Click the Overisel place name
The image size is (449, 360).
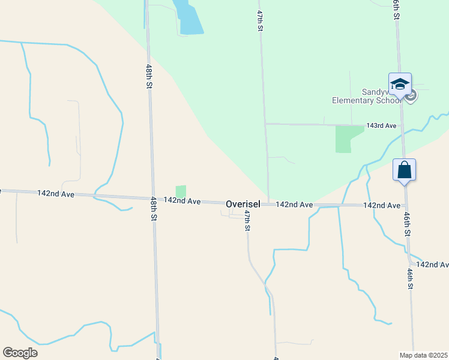pos(243,205)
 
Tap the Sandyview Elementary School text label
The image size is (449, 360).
pos(366,96)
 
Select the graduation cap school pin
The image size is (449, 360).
pos(400,84)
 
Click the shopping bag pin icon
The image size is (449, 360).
pos(405,170)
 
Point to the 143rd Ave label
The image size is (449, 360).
pos(382,126)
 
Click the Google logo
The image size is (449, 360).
pos(20,353)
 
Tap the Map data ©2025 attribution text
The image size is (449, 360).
pos(423,355)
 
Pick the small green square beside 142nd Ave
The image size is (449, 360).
pos(181,191)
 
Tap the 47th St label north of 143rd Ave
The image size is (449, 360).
pos(260,19)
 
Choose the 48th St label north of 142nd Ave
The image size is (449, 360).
pos(148,77)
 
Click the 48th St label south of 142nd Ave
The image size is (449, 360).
pos(154,208)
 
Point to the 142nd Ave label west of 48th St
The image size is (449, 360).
pos(55,193)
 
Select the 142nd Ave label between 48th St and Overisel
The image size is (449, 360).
pos(182,201)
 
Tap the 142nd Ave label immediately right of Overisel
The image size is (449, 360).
pos(294,205)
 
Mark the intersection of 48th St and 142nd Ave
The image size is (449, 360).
pos(152,198)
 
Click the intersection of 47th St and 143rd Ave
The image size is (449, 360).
pos(265,124)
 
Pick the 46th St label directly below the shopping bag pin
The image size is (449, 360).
pos(406,224)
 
